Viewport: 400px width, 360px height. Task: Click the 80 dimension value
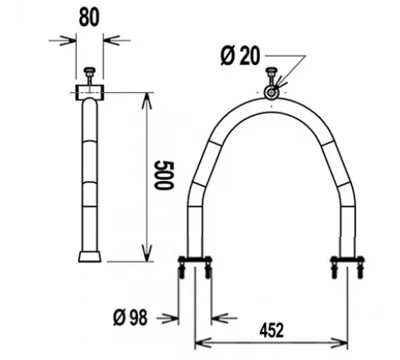[x=90, y=18]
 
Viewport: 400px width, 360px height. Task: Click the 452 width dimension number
[x=271, y=328]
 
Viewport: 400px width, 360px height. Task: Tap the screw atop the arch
[x=272, y=78]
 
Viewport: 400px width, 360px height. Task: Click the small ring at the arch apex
[x=272, y=94]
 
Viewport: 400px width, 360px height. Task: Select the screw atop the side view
[x=90, y=77]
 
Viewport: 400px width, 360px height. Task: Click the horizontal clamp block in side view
[x=90, y=93]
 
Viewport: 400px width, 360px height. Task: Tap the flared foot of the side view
[x=90, y=256]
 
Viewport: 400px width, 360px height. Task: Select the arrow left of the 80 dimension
[x=68, y=38]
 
